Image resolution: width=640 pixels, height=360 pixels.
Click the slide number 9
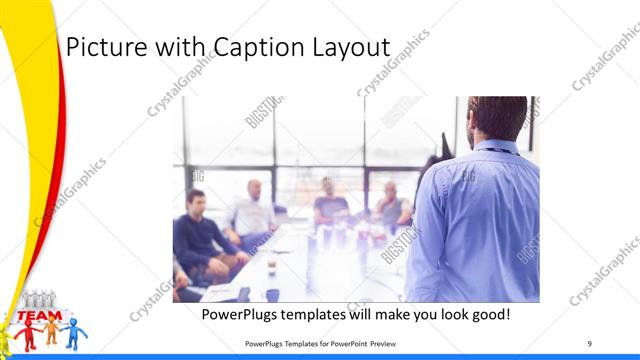(x=589, y=344)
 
